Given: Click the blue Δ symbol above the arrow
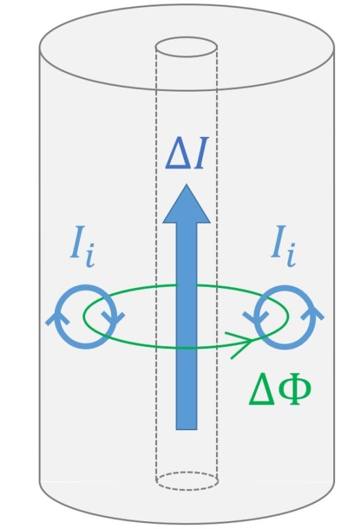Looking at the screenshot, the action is [178, 154].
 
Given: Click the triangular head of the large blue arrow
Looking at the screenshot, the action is [187, 204].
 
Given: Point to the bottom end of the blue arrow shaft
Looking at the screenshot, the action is [187, 429].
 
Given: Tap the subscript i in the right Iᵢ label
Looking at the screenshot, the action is [291, 255].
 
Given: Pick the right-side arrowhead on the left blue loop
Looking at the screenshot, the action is [113, 318].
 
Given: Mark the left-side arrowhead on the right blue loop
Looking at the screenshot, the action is [255, 318].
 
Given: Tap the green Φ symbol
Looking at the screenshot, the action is [294, 389].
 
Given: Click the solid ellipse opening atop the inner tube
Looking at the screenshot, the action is [186, 37].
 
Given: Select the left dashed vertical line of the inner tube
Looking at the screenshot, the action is [156, 263].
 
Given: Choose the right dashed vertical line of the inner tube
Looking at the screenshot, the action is [217, 263].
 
